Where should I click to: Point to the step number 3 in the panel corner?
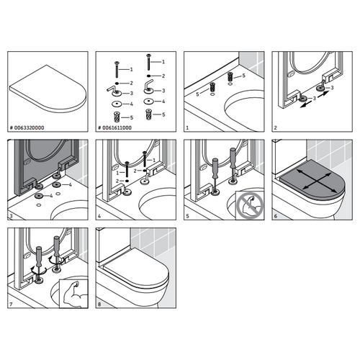pos(11,215)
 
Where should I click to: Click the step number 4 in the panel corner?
pos(99,215)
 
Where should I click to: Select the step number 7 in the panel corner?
pos(11,302)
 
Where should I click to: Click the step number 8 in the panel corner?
pos(99,302)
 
